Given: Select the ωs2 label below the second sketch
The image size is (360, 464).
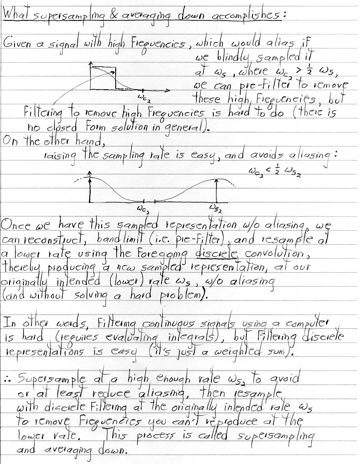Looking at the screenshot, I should [x=216, y=210].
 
